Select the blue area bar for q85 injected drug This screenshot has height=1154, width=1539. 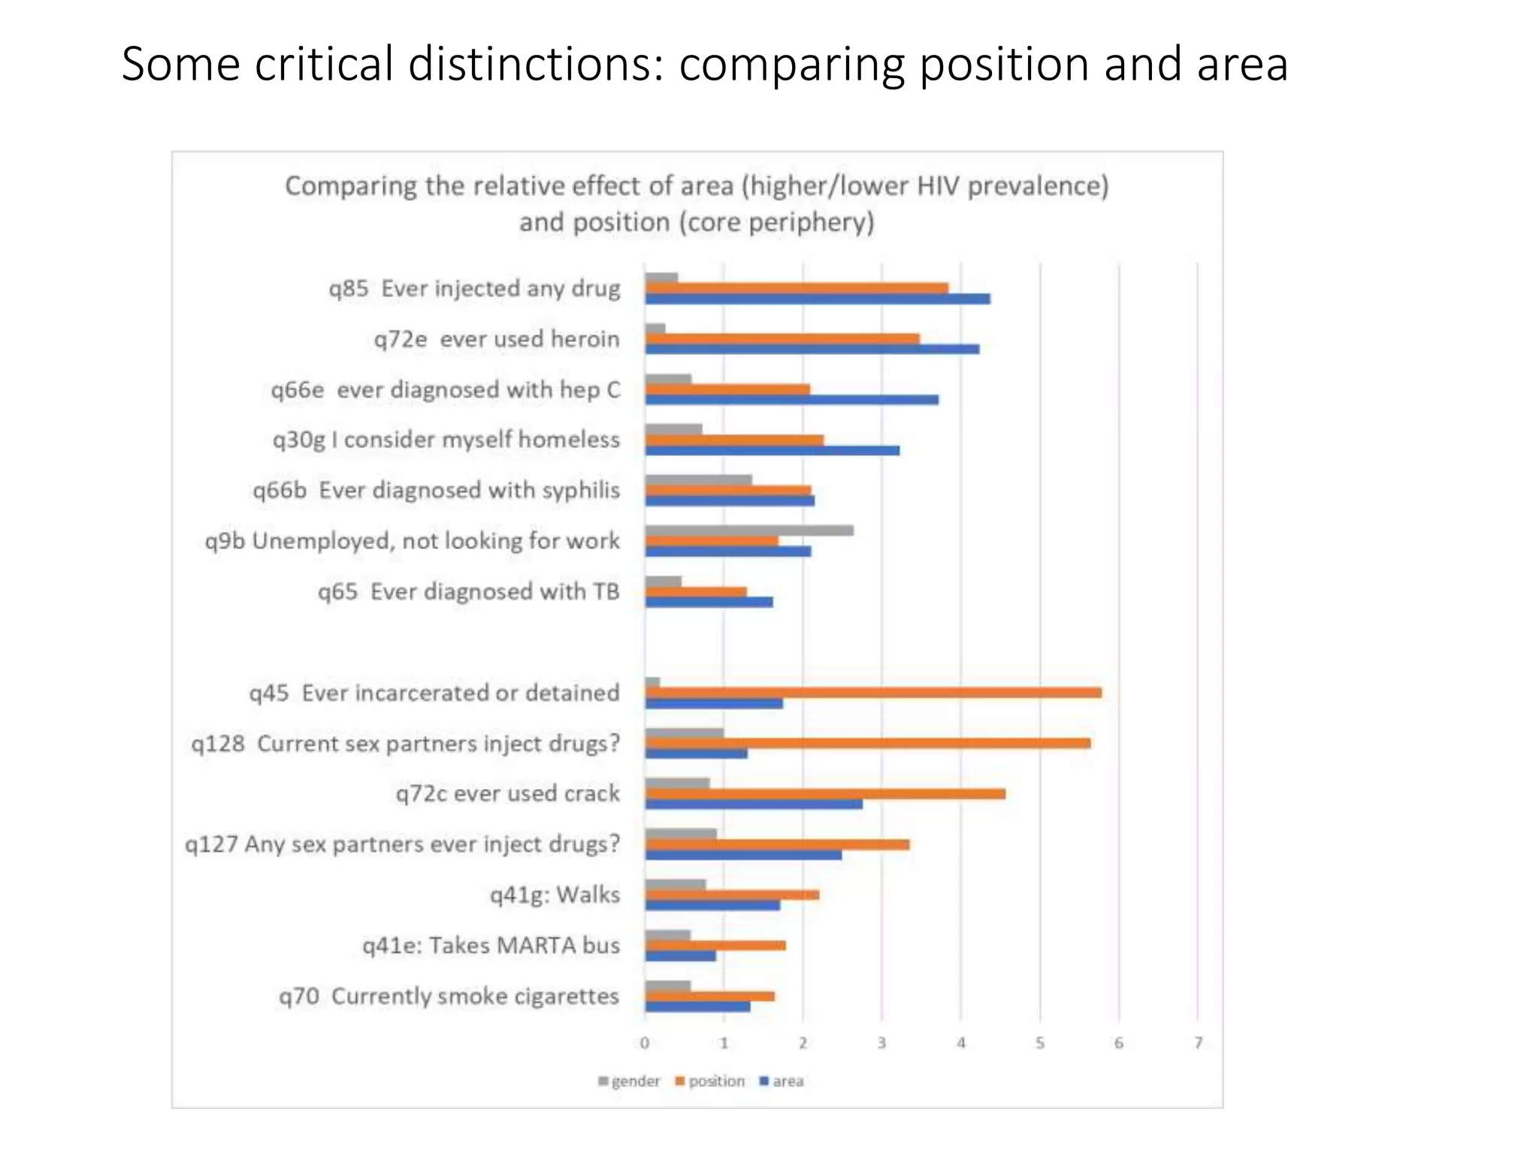[818, 299]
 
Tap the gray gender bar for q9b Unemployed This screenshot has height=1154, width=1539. [749, 530]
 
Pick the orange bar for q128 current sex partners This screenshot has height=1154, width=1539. [868, 743]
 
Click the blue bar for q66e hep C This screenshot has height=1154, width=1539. [792, 400]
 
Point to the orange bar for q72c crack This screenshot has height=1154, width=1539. [825, 794]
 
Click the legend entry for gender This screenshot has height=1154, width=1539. [630, 1081]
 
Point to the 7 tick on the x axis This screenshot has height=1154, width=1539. [1199, 1043]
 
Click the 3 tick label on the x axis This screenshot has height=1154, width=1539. [882, 1043]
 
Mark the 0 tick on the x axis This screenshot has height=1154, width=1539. [645, 1043]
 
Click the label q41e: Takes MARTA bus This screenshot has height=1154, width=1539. [491, 945]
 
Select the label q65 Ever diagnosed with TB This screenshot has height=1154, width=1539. [468, 592]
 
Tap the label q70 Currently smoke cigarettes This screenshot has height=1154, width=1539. [449, 996]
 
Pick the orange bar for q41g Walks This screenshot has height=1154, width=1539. [732, 895]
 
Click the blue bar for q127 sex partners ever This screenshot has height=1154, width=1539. [743, 855]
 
